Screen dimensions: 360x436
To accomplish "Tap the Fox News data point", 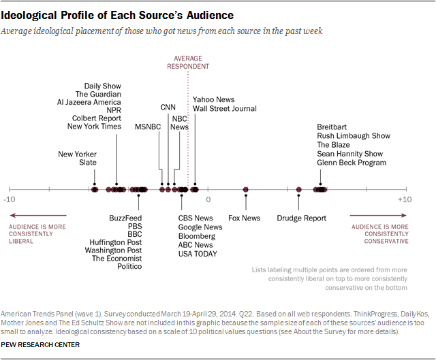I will pos(246,189).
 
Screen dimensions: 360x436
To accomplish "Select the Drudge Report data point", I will pos(299,189).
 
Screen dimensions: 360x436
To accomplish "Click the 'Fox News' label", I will pos(244,218).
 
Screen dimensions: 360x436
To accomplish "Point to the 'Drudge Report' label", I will pos(301,218).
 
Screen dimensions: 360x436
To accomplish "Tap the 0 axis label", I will pos(208,199).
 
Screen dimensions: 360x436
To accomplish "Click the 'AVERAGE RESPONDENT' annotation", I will pos(188,63).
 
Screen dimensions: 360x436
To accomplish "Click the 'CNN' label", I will pos(168,108).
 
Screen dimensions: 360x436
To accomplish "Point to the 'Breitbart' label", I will pos(333,127).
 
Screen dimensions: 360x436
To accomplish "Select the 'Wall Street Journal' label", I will pos(225,109).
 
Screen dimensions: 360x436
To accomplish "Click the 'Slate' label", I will pos(87,163).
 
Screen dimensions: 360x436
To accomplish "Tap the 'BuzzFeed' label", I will pos(125,218).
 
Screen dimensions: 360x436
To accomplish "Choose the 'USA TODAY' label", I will pos(198,254).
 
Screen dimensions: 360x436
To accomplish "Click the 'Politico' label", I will pos(129,267).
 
